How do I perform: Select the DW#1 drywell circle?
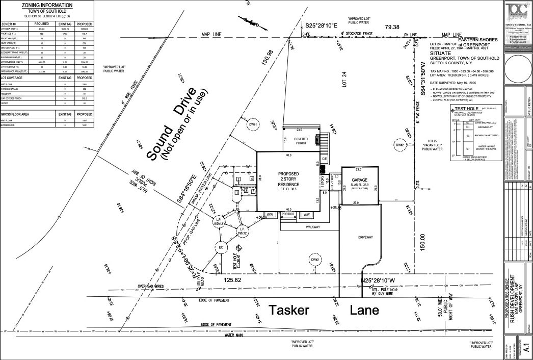click(x=253, y=124)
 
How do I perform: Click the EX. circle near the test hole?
click(x=221, y=248)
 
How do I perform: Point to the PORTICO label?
click(x=291, y=215)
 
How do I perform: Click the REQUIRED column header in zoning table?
click(x=41, y=23)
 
